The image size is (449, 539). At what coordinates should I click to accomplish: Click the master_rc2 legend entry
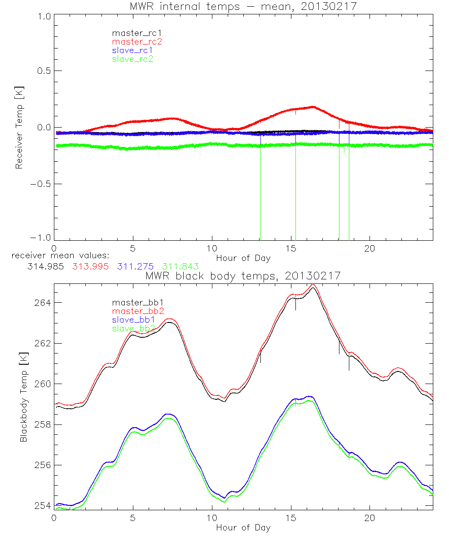point(137,42)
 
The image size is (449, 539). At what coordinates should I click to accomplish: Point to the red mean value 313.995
point(91,266)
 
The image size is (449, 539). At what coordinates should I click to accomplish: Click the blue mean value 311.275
point(136,266)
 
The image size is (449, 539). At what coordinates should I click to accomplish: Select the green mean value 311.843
point(180,266)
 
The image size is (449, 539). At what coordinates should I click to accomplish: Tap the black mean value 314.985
point(46,266)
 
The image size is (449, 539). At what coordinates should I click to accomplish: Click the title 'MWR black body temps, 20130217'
point(243,276)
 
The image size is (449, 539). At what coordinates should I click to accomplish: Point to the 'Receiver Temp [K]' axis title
point(19,128)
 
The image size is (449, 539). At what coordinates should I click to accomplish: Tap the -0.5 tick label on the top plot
point(40,184)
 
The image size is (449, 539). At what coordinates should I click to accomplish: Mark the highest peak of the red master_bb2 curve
point(313,284)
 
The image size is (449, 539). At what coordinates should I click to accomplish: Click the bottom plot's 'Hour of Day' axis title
point(243,528)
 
